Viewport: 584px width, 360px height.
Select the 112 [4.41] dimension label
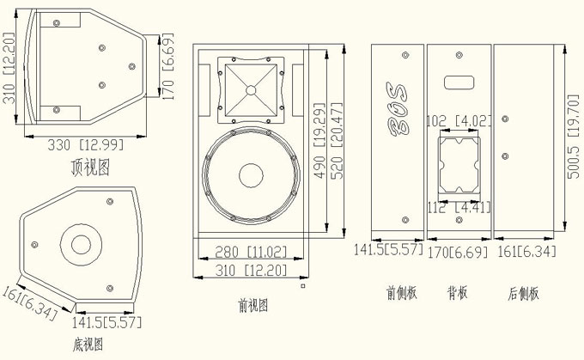point(459,206)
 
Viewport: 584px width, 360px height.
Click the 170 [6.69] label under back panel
point(459,253)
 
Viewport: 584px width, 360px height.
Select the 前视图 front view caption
point(252,304)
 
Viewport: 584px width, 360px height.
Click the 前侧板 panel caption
point(401,292)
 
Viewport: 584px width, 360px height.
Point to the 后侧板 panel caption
point(522,292)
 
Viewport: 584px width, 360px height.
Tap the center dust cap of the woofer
point(251,174)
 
